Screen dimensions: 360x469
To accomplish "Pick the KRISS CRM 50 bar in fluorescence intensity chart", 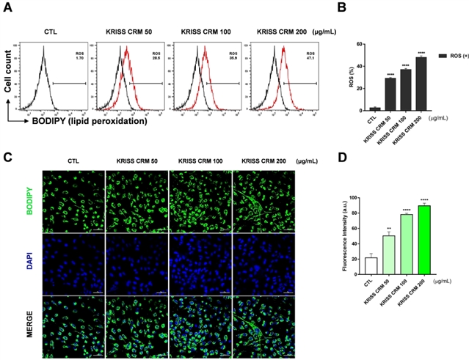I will (388, 254).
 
